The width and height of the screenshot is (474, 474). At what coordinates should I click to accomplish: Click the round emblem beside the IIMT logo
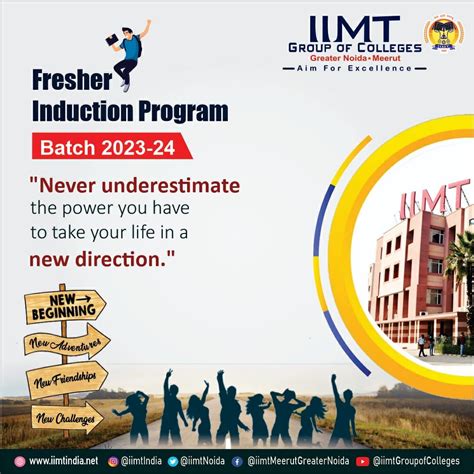click(x=441, y=32)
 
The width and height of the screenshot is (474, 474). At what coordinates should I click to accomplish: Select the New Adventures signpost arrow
click(x=66, y=343)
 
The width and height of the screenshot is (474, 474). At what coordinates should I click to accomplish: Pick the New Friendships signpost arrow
click(x=66, y=381)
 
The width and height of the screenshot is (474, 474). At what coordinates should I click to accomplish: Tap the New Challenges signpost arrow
click(x=66, y=416)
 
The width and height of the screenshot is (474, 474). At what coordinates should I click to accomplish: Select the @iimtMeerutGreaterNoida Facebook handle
click(x=299, y=461)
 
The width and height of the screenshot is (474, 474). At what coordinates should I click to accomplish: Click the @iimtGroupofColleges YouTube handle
click(x=420, y=461)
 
